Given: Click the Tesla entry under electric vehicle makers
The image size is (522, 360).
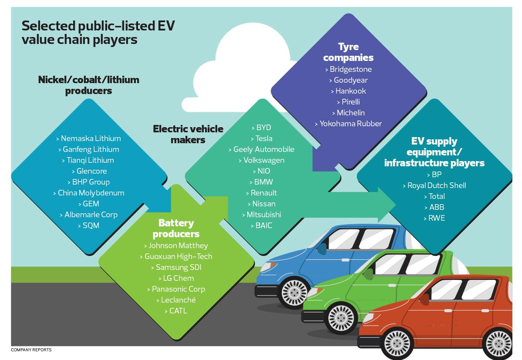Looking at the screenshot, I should coord(262,138).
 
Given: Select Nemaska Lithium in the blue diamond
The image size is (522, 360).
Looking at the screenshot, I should coord(89,138).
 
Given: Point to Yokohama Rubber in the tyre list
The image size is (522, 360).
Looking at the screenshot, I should coord(348,124).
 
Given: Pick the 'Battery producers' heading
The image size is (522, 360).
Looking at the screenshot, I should coord(176,229).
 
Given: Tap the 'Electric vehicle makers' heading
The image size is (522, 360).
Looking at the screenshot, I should coord(188,134).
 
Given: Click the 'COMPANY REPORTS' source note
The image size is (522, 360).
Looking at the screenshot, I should coord(31,350).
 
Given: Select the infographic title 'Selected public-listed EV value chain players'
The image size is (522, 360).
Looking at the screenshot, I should coord(98,32).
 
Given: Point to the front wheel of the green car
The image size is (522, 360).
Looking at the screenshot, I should coord(340,318).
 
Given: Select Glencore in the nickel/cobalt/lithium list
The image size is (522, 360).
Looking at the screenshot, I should coord(89,171).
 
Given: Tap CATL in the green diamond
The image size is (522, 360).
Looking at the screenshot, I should coord(176,311).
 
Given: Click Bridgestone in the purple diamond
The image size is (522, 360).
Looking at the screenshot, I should coord(348,69).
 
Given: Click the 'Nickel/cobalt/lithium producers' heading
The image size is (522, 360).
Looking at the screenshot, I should coord(89,85).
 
